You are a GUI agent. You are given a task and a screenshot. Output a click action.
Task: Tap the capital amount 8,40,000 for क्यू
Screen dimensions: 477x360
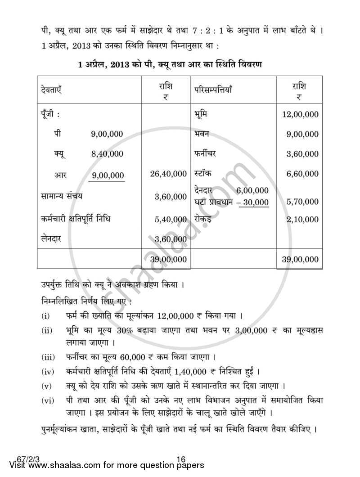click(x=107, y=154)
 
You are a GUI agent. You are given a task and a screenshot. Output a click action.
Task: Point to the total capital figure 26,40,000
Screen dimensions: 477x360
click(x=169, y=173)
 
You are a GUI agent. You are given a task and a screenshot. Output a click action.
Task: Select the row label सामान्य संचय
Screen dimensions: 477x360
click(x=60, y=196)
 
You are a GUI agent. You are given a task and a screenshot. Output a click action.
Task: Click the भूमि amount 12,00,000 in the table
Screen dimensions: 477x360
click(x=300, y=114)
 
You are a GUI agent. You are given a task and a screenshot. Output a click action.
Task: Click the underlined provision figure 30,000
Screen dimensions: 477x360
click(x=256, y=202)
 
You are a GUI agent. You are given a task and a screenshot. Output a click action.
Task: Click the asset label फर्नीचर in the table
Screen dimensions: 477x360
click(x=205, y=153)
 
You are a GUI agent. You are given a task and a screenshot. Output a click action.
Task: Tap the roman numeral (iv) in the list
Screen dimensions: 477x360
click(x=47, y=372)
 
